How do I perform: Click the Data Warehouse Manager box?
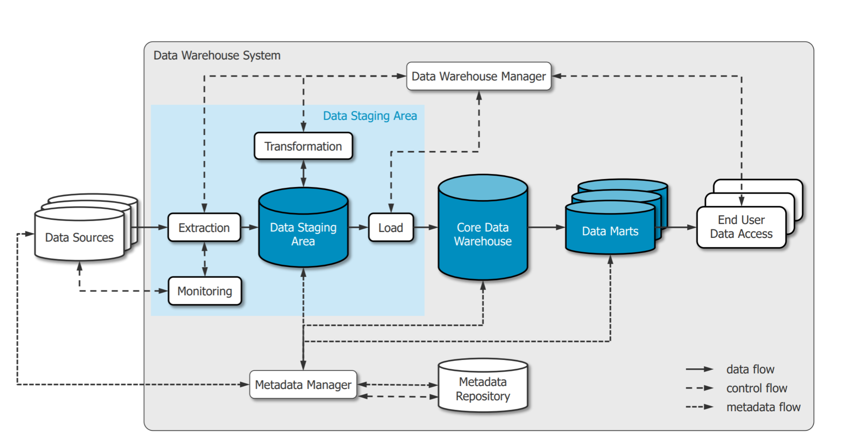(x=478, y=76)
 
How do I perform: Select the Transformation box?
(x=303, y=146)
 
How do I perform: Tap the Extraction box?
(x=204, y=228)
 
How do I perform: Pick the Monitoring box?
(x=205, y=291)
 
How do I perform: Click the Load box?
(x=391, y=228)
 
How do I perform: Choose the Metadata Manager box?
(x=303, y=385)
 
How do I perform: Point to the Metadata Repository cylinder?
(x=483, y=389)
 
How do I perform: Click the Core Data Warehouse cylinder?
(x=483, y=234)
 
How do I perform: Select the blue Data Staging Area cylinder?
(x=303, y=234)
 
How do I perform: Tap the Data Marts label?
(x=610, y=231)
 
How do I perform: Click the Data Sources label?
(x=79, y=237)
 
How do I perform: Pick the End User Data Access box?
(x=741, y=227)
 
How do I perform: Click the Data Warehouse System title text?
(x=217, y=56)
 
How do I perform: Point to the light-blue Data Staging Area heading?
(x=370, y=116)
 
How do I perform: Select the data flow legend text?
(x=750, y=369)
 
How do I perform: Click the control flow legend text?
(x=756, y=388)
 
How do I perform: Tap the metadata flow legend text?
(x=763, y=407)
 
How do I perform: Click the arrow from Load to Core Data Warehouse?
(x=426, y=227)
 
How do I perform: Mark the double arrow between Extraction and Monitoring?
(x=205, y=259)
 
